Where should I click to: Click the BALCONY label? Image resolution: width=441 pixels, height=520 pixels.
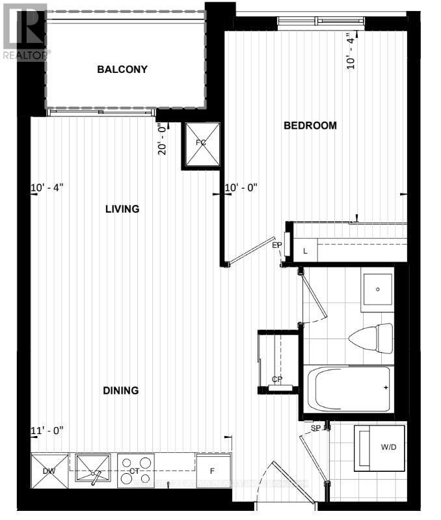[x=122, y=70]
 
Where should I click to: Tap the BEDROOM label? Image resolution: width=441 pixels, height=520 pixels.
[x=310, y=126]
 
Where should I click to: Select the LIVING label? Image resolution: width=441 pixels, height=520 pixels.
[x=122, y=209]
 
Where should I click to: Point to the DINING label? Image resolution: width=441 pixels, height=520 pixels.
[x=121, y=390]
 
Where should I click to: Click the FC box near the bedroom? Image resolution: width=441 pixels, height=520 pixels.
[x=200, y=143]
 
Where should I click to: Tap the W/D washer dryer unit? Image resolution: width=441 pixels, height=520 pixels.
[x=379, y=447]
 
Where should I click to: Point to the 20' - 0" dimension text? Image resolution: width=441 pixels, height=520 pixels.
[x=163, y=139]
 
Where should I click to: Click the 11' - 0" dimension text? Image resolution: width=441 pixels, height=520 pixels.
[x=47, y=431]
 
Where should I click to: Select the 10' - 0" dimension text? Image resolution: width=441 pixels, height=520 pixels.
[x=241, y=187]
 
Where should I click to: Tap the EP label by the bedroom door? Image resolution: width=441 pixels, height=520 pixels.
[x=276, y=245]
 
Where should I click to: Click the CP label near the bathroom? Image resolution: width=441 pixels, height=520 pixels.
[x=276, y=379]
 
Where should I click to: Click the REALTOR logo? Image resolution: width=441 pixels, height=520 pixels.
[x=24, y=31]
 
